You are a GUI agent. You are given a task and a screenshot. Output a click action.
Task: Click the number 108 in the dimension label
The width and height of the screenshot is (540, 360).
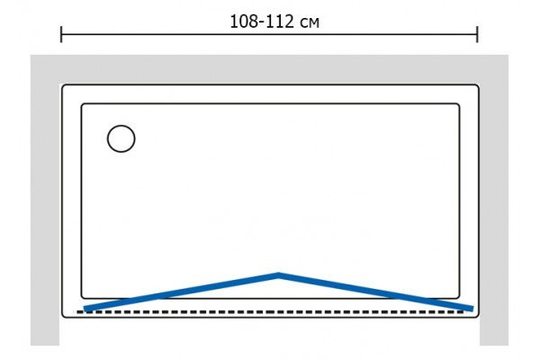[244, 22]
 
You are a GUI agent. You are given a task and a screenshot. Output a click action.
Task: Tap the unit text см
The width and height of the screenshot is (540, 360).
[310, 23]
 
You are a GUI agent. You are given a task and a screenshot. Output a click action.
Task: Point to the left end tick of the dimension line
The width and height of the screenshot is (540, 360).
[61, 34]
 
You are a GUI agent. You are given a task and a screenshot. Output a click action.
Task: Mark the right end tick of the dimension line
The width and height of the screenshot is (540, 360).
[477, 34]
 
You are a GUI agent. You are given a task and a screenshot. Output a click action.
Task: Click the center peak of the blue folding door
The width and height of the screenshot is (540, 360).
[278, 274]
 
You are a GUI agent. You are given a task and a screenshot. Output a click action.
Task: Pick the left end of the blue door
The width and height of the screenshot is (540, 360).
[85, 309]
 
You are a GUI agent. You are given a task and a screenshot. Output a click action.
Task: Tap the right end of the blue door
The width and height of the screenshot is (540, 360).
[472, 309]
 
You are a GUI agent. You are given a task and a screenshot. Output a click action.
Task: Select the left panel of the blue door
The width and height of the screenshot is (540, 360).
[181, 292]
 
